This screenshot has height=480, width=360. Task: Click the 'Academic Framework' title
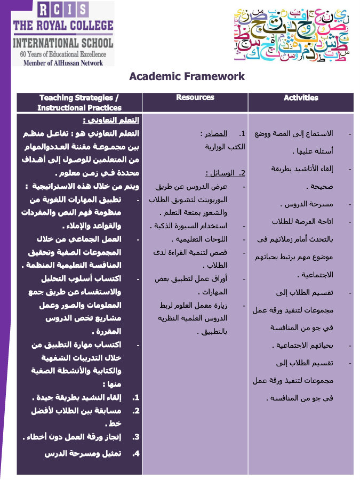tap(187, 76)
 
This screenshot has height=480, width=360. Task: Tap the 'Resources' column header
tap(195, 98)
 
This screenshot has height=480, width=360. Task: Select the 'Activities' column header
tap(301, 98)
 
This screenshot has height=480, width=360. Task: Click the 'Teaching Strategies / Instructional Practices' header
tap(79, 102)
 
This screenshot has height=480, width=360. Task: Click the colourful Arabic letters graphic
tap(291, 33)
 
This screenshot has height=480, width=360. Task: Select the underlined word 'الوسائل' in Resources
tap(217, 173)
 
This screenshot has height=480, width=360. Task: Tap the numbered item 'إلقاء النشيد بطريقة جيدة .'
tap(80, 397)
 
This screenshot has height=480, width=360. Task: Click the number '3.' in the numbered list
tap(136, 437)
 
